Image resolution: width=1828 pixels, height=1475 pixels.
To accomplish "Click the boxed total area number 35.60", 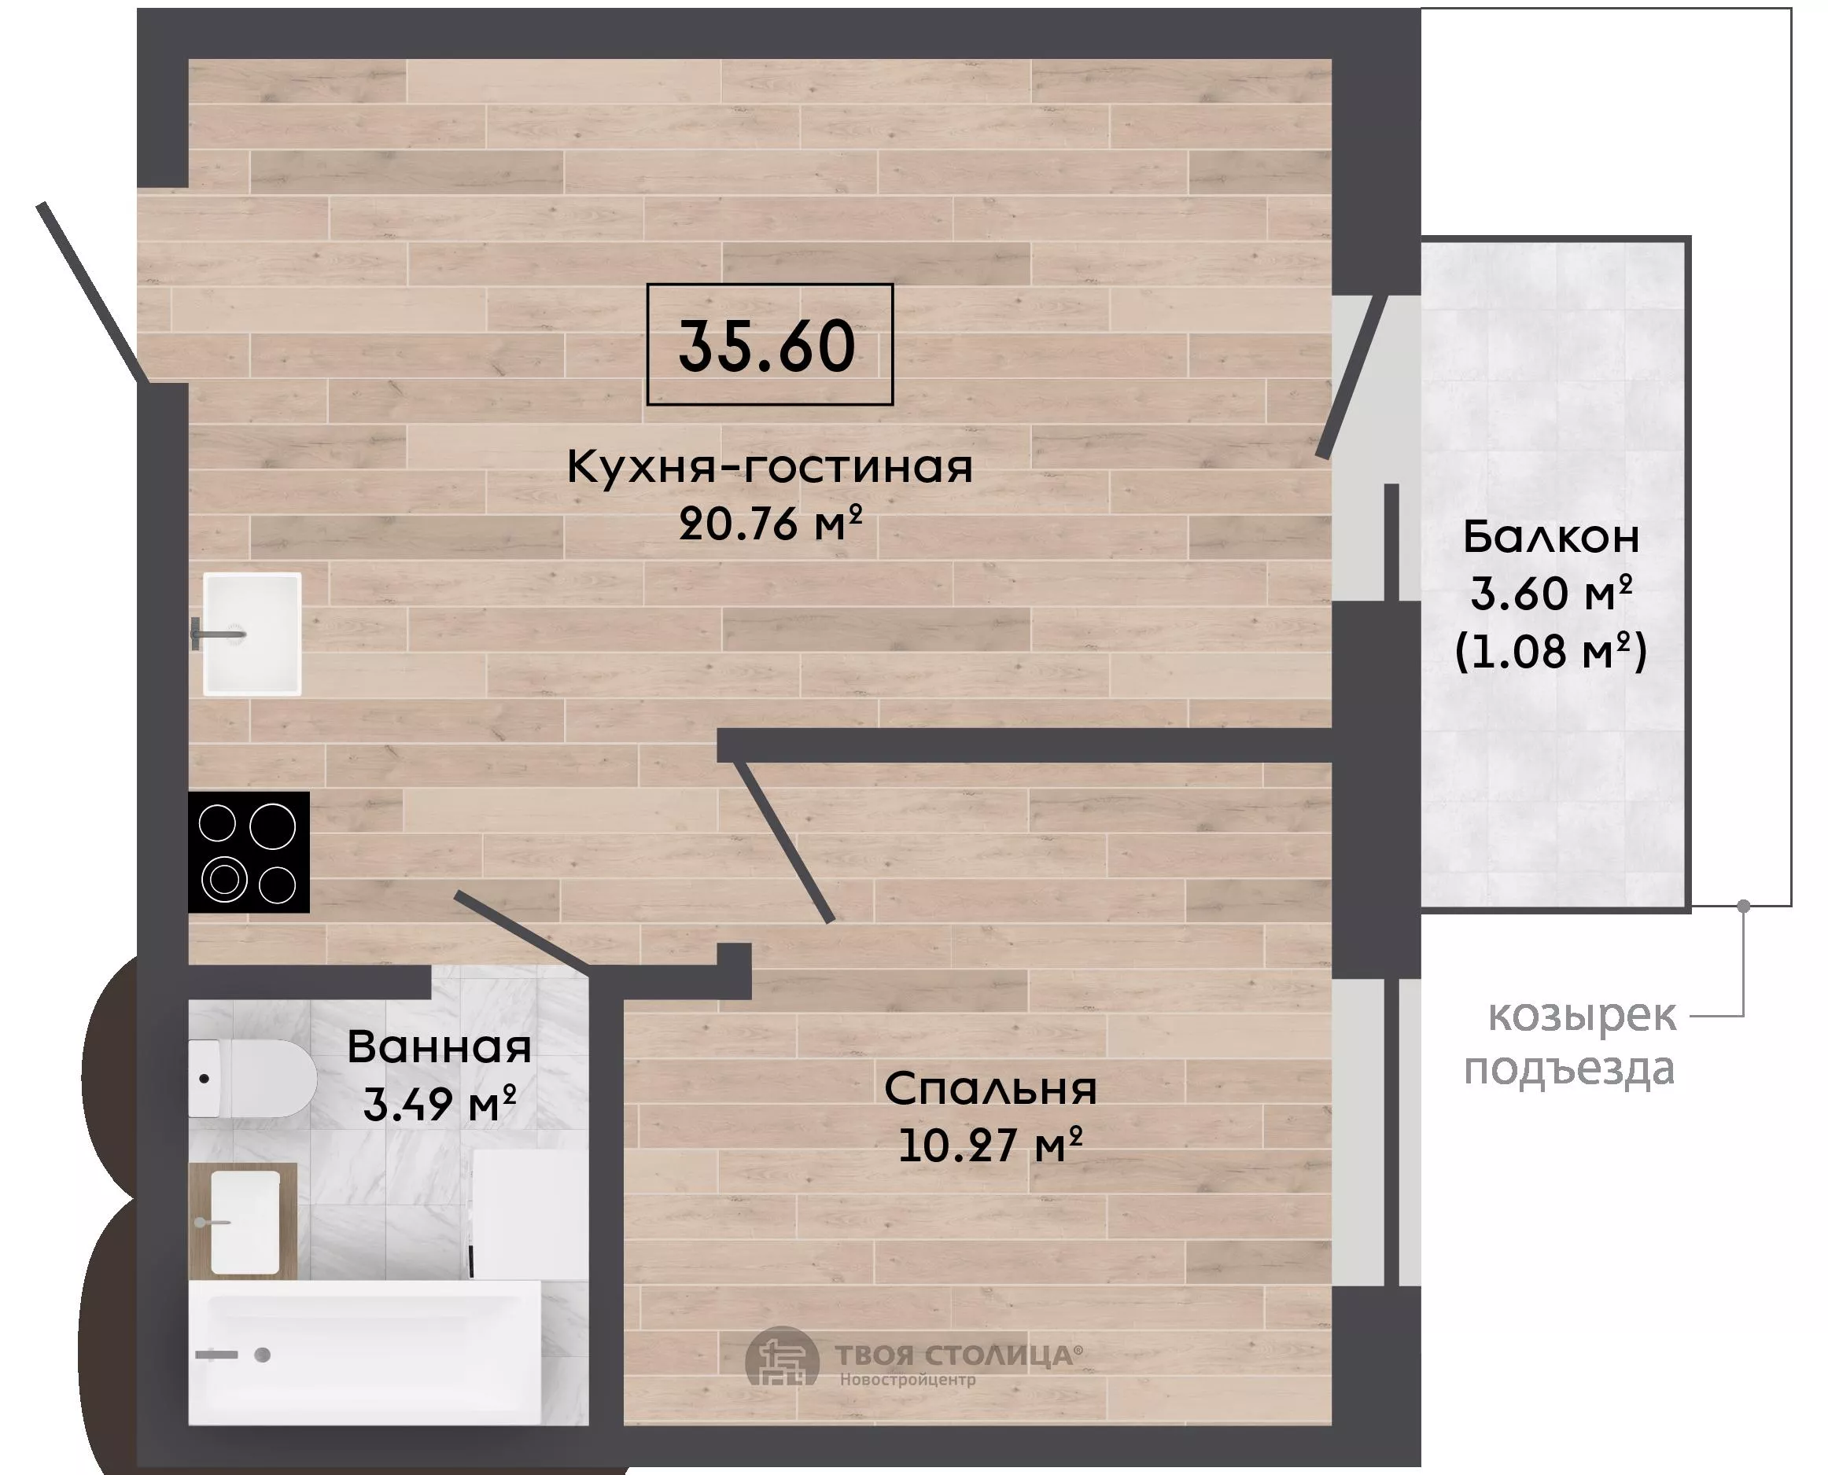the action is [x=767, y=347].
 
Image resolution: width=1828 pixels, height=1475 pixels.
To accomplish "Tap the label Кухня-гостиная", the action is [x=770, y=466].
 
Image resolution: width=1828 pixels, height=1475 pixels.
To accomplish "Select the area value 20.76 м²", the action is [x=771, y=523].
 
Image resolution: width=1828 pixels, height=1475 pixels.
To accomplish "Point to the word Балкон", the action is [x=1551, y=537].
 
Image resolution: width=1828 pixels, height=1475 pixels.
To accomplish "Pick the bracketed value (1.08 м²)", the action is [x=1551, y=652].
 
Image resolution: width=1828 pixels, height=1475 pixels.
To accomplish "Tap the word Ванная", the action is [x=440, y=1046].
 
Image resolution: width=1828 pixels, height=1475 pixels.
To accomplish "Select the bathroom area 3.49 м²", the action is [x=440, y=1104].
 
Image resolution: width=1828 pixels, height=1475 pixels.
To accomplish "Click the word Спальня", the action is [x=991, y=1088].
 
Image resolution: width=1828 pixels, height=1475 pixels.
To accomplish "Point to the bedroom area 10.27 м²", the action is [x=991, y=1145].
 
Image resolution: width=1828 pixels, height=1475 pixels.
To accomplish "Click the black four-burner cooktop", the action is [x=248, y=852].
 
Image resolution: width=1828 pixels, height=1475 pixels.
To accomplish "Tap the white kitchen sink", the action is [x=252, y=634].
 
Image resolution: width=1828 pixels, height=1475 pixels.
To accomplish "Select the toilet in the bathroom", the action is [x=252, y=1078].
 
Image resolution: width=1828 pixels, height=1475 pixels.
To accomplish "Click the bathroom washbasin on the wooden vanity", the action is [x=245, y=1222].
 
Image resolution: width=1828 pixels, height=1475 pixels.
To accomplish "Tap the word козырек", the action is [x=1583, y=1016].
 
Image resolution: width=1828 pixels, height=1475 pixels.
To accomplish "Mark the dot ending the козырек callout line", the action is [x=1744, y=906].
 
